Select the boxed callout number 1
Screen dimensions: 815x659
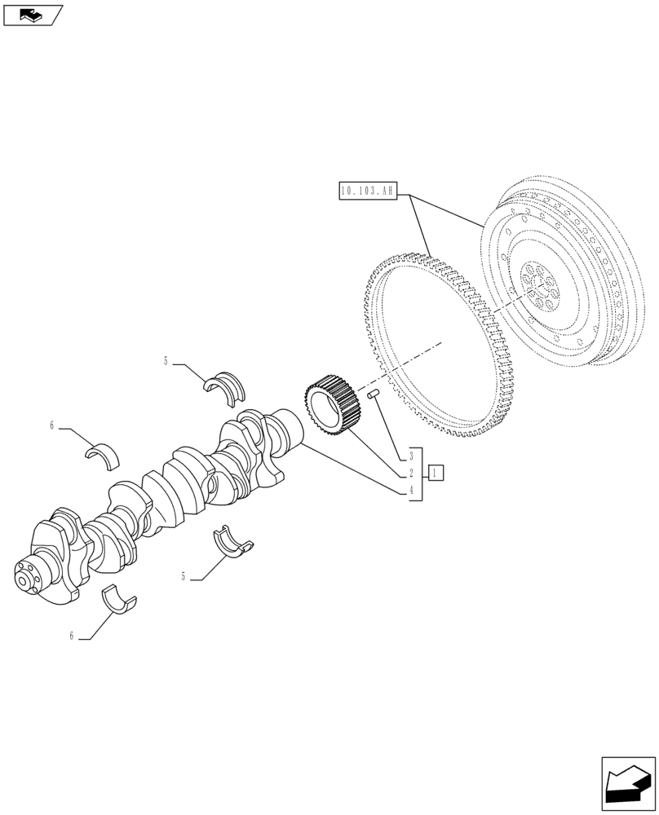pyautogui.click(x=436, y=473)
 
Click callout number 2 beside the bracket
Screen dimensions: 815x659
pyautogui.click(x=412, y=473)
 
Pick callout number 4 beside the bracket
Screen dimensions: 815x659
pyautogui.click(x=412, y=491)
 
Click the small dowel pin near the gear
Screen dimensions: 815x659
pyautogui.click(x=375, y=394)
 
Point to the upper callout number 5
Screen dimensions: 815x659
pyautogui.click(x=166, y=360)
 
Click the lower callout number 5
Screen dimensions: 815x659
pyautogui.click(x=184, y=576)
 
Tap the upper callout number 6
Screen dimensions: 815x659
pyautogui.click(x=52, y=425)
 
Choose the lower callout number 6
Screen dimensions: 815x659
pyautogui.click(x=72, y=636)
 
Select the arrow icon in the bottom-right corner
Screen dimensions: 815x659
pyautogui.click(x=628, y=784)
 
